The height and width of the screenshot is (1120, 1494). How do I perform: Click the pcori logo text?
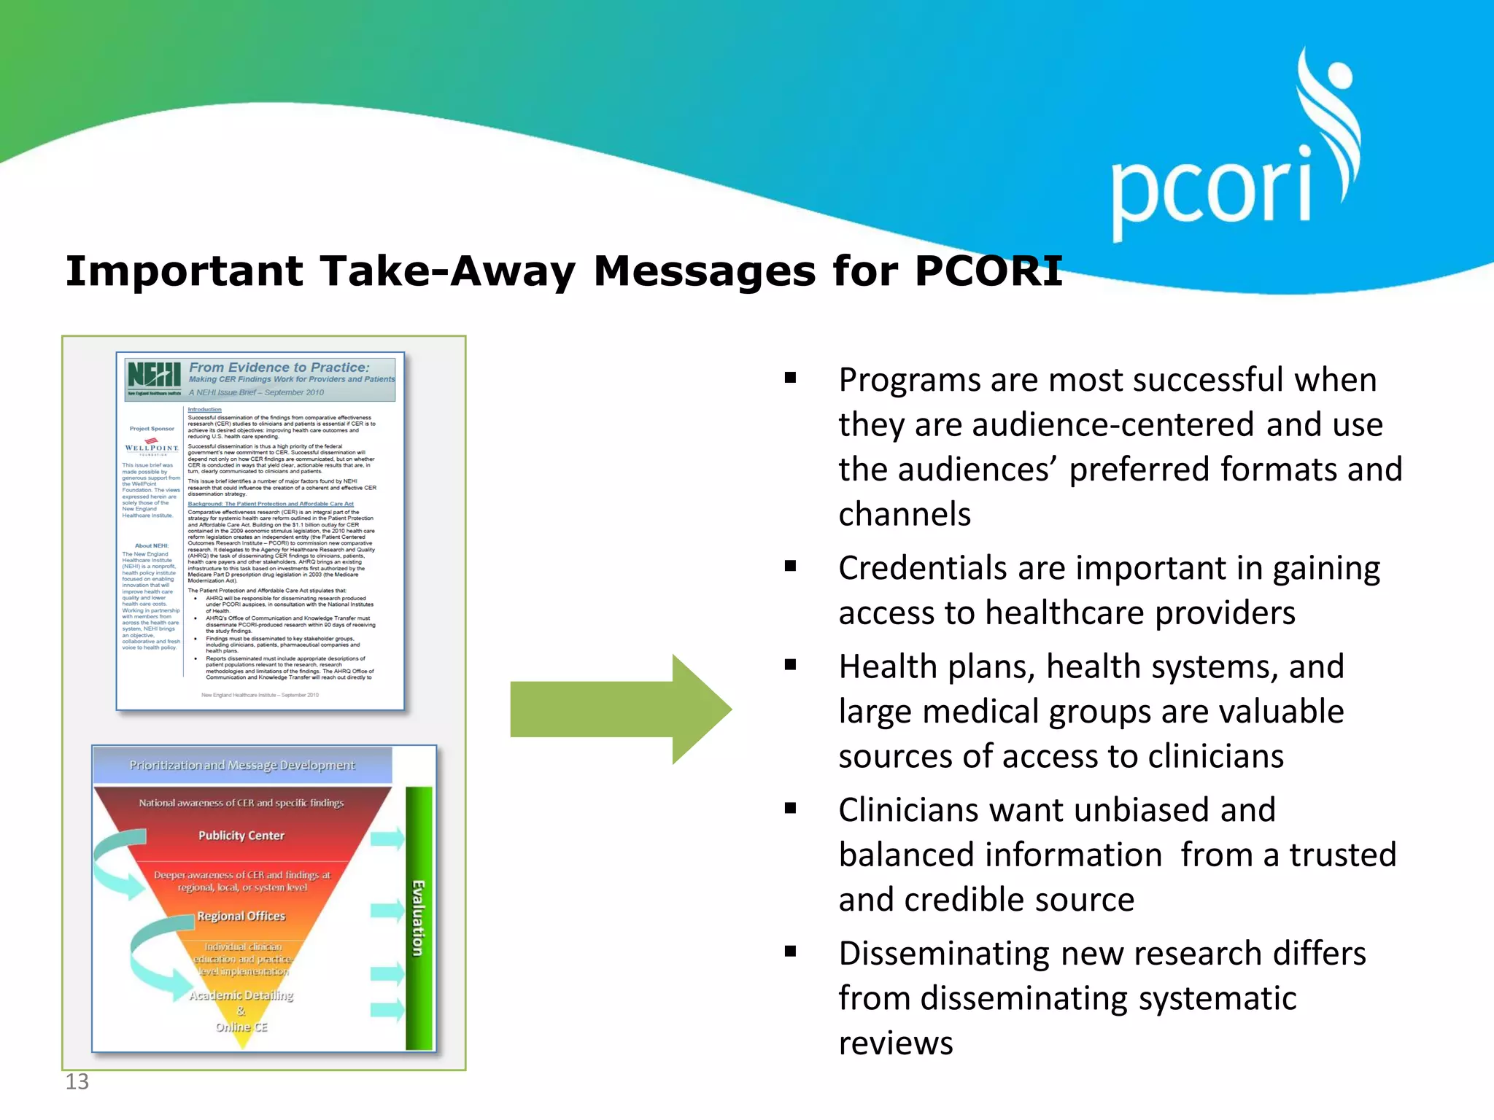click(x=1211, y=191)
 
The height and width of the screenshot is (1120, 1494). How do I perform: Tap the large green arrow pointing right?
click(x=620, y=709)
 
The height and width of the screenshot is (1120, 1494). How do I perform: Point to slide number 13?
click(x=77, y=1081)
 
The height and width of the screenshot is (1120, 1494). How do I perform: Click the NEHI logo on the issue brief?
click(x=154, y=375)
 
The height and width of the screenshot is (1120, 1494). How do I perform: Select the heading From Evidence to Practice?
click(x=279, y=367)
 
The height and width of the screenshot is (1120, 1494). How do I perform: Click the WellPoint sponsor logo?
click(x=152, y=446)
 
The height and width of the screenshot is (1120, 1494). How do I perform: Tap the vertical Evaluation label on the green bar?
click(x=418, y=919)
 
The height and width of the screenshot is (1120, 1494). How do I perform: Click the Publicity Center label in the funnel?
click(x=241, y=836)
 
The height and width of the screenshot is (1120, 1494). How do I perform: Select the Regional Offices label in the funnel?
click(x=241, y=916)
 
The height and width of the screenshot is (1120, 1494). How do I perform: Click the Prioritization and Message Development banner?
click(x=242, y=765)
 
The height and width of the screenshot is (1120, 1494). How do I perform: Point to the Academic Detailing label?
click(x=241, y=995)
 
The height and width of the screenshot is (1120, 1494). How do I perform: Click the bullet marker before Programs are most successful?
click(x=790, y=378)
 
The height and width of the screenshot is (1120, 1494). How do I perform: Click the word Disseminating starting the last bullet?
click(x=941, y=954)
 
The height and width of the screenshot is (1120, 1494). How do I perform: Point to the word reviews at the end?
click(x=896, y=1043)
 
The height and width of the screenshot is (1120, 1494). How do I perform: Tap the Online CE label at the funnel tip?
click(x=241, y=1027)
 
